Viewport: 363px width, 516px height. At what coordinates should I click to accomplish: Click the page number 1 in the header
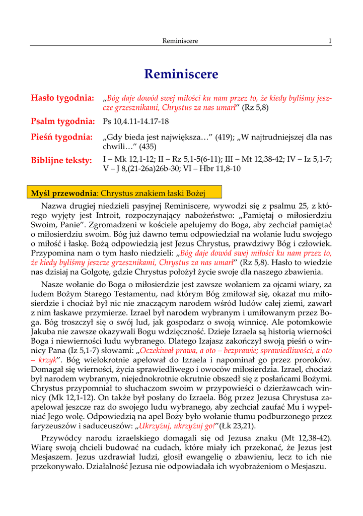point(330,41)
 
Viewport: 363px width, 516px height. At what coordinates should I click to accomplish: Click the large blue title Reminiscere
point(181,74)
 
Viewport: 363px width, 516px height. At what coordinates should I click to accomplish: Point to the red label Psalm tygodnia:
point(63,121)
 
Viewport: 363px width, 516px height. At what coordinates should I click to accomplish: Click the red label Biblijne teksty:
point(61,160)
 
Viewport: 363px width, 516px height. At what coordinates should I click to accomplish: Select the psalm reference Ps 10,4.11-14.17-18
point(135,122)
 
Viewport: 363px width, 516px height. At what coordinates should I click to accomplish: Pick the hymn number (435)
point(146,147)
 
